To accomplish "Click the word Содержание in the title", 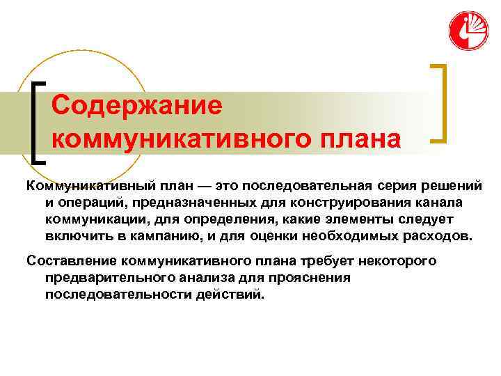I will point(137,106).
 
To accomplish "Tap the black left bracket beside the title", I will point(37,123).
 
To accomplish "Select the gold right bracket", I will point(439,103).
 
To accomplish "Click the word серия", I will point(397,185).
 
